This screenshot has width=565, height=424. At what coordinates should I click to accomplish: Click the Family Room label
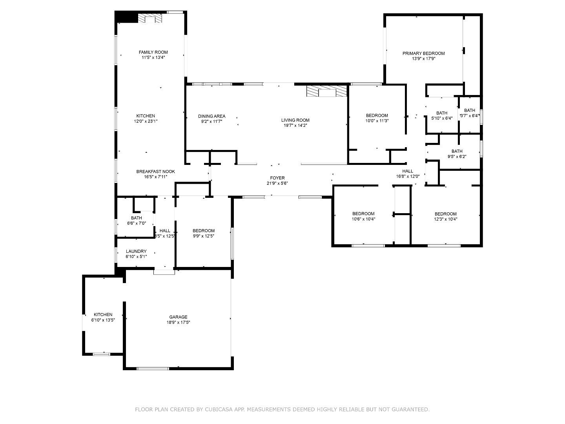[x=153, y=52]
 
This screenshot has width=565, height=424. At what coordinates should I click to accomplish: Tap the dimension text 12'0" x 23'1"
[x=146, y=121]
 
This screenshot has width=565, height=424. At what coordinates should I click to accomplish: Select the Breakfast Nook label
[x=155, y=172]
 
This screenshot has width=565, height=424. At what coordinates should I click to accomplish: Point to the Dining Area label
[x=211, y=116]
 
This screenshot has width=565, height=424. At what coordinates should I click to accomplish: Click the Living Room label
[x=295, y=120]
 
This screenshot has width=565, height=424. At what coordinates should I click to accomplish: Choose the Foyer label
[x=277, y=178]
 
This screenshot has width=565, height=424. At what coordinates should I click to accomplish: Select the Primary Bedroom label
[x=423, y=53]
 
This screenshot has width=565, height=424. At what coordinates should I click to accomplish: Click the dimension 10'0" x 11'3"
[x=377, y=121]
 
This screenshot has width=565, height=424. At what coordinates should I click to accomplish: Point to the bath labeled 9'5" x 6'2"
[x=457, y=154]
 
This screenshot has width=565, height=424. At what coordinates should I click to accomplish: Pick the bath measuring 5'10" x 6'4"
[x=442, y=115]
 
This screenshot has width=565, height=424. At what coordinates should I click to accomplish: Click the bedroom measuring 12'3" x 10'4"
[x=445, y=217]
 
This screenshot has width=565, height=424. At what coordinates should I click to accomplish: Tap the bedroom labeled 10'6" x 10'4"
[x=363, y=217]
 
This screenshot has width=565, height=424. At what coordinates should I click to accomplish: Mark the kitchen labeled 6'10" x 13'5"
[x=103, y=317]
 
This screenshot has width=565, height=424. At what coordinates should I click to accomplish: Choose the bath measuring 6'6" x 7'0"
[x=136, y=220]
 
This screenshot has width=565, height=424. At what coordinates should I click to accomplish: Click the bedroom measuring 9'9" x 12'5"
[x=203, y=233]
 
